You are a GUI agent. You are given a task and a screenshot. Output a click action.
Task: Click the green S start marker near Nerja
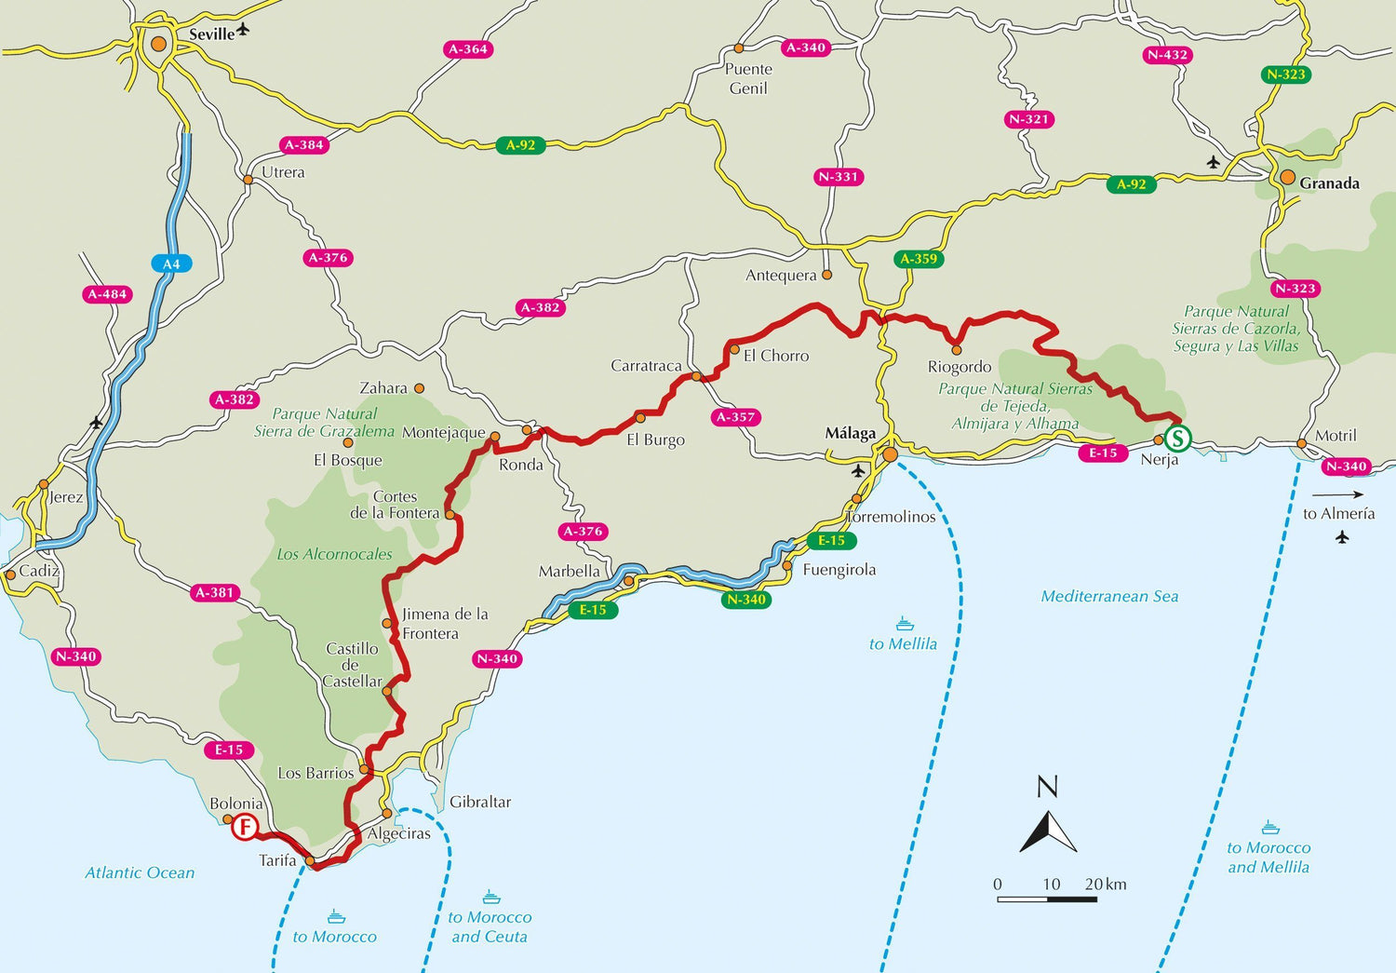coord(1178,438)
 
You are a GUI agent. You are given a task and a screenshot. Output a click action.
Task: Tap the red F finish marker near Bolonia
coord(245,827)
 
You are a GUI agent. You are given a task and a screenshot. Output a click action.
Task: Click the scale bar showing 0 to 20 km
coord(1047,899)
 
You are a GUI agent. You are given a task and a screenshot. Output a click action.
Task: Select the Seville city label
coord(211,34)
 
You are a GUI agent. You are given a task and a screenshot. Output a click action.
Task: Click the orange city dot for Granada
coord(1287,177)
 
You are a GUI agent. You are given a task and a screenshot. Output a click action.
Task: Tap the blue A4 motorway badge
coord(171,264)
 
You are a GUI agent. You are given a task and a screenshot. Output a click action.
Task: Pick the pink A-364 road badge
coord(467,49)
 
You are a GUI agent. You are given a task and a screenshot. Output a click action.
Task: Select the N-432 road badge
coord(1167,55)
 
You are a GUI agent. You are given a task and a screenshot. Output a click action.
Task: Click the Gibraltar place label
coord(480,802)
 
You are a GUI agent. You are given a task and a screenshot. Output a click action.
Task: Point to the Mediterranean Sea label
coord(1109,597)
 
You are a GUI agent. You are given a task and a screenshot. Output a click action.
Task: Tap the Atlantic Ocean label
coord(140,873)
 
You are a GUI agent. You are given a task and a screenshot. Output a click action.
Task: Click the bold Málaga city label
coord(851,434)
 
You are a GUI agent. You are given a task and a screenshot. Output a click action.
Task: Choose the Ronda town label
coord(521,465)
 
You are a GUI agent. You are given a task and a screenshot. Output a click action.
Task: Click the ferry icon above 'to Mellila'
coord(904,624)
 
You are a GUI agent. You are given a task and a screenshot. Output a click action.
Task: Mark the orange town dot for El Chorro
coord(734,350)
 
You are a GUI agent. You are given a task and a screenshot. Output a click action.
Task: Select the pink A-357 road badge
coord(735,417)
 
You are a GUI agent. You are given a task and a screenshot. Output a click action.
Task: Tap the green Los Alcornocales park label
coord(334,555)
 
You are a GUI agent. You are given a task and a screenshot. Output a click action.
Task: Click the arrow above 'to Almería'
coord(1338,494)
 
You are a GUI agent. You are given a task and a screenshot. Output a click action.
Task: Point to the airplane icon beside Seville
coord(244,30)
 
